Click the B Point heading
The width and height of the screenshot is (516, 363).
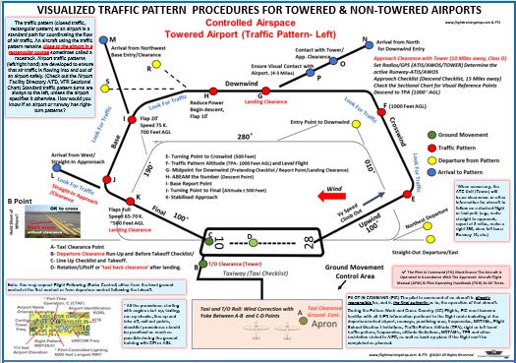tap(20, 200)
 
